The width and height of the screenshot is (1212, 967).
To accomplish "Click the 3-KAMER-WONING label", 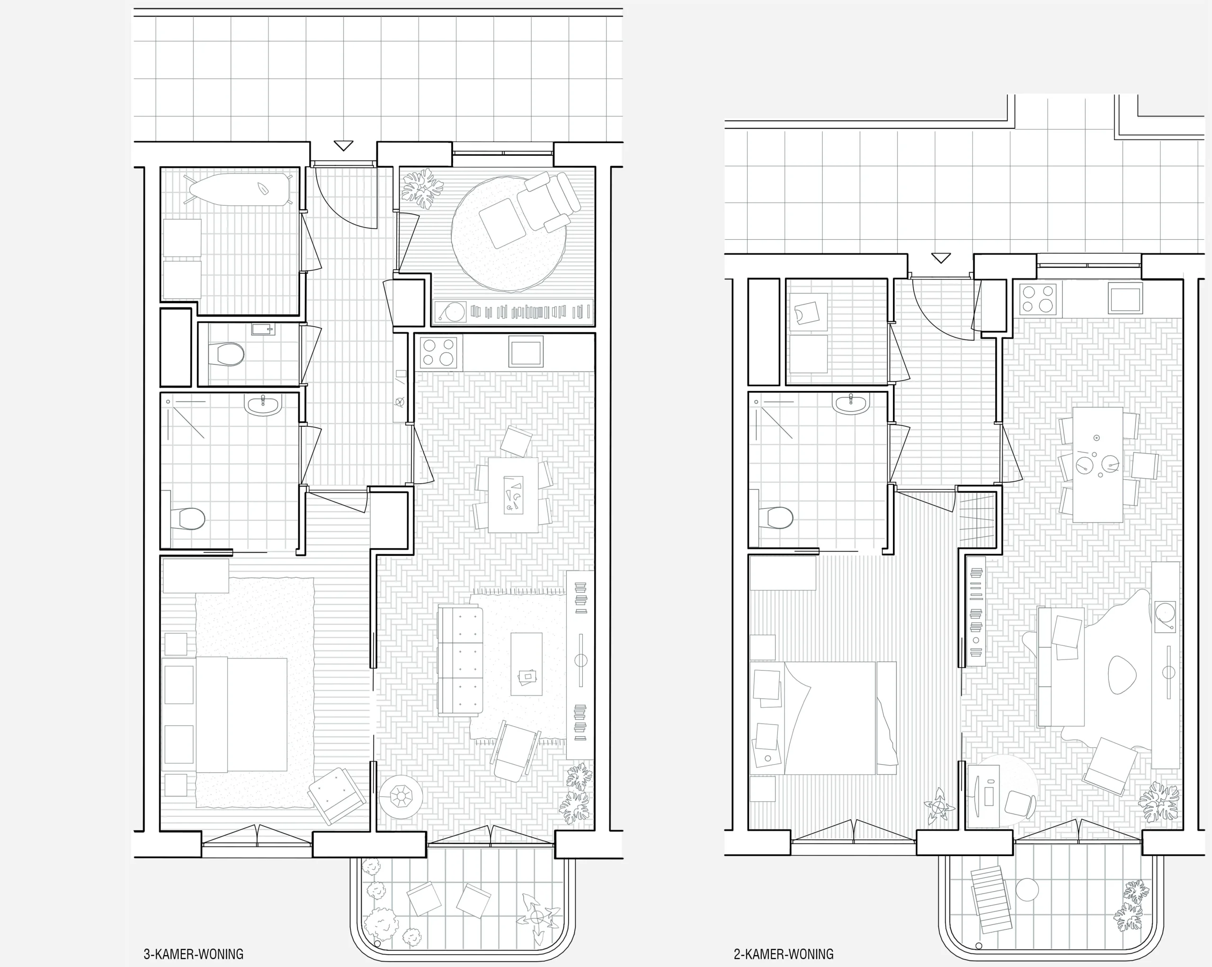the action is coord(193,954).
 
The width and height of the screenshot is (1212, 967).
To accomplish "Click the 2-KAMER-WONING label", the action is coord(784,954).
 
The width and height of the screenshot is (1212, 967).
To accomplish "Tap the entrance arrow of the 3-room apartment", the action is coord(343,145).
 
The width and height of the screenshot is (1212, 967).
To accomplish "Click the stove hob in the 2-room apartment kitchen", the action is coord(1037,298).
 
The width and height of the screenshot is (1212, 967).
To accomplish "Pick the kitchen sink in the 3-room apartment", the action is coord(526,351).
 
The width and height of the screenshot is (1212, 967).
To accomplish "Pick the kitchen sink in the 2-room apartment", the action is coord(1125,298).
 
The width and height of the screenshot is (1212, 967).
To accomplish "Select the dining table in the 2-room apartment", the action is coord(1097,465).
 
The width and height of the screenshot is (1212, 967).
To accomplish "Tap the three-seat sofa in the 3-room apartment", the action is coord(460,661).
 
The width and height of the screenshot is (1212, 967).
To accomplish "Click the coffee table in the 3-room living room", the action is coord(526,664).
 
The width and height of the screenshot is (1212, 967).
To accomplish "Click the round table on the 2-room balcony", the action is coord(1027,889).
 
